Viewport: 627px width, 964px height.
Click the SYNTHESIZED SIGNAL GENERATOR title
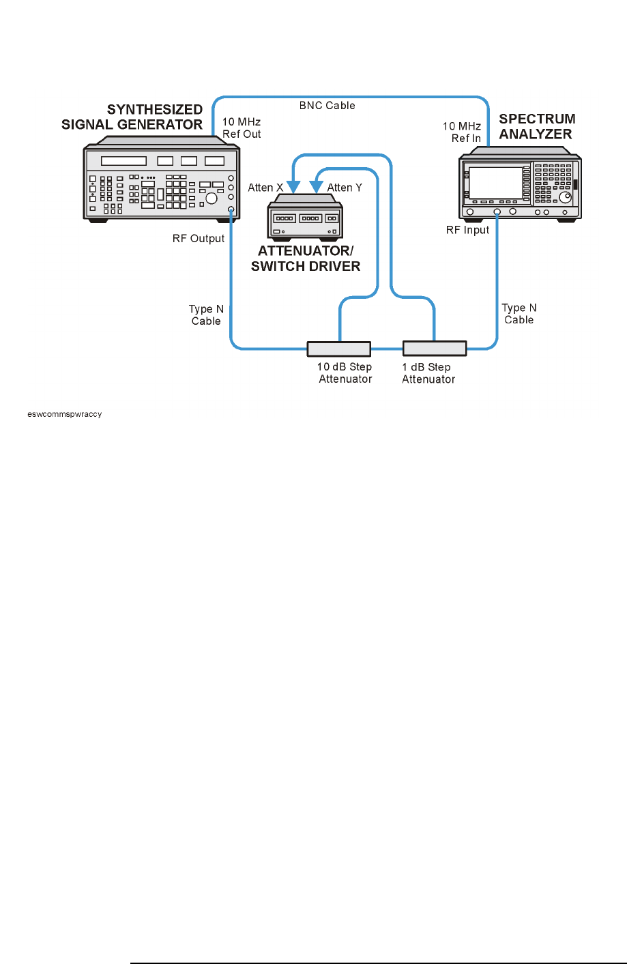click(132, 117)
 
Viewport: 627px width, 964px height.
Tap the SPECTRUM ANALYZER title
click(536, 127)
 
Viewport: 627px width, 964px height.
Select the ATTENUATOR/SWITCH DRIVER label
click(305, 259)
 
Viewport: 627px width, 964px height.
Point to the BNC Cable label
click(327, 106)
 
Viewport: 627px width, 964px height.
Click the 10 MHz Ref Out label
click(242, 128)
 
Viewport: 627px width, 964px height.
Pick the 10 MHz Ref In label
click(462, 132)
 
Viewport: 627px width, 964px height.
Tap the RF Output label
click(199, 239)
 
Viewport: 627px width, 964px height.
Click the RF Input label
click(467, 230)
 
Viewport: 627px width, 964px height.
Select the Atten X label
click(265, 188)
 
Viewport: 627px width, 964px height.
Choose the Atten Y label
click(345, 188)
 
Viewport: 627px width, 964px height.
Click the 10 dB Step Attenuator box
click(338, 349)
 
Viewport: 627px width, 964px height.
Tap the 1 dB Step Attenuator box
click(435, 349)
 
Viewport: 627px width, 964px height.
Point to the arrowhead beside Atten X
click(293, 187)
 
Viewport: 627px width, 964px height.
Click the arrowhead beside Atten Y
click(316, 187)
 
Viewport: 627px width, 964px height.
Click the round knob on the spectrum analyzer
click(565, 197)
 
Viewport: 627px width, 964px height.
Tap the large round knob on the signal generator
click(212, 198)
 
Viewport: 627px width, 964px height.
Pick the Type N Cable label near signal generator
click(206, 315)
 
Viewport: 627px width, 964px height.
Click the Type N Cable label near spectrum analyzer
click(519, 314)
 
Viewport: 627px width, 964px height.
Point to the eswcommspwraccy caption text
click(65, 414)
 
